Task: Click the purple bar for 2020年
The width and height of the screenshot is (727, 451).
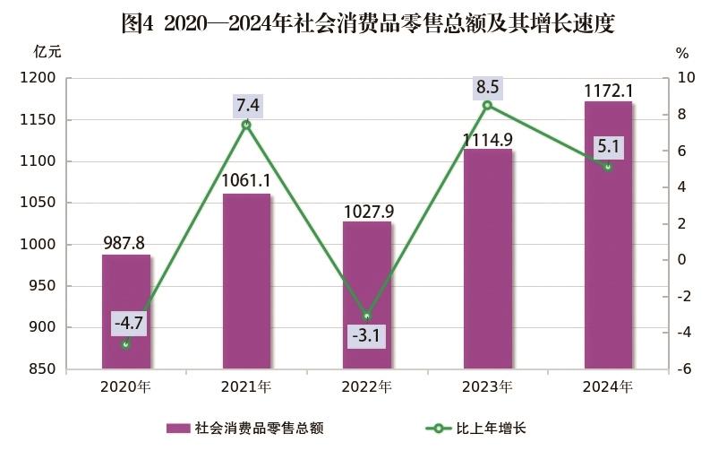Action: pos(126,311)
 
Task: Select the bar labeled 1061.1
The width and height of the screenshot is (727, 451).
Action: pos(246,281)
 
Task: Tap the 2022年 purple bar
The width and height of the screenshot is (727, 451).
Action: pos(367,295)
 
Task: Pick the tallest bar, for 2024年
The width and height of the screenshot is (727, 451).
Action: pos(609,235)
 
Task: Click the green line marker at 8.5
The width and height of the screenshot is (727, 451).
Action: pos(488,105)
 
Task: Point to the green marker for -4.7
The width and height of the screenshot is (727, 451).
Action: pos(126,344)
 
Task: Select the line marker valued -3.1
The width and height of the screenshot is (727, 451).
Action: pos(367,316)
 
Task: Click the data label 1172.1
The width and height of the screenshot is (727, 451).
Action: pos(609,90)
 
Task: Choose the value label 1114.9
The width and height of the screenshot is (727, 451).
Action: pos(488,139)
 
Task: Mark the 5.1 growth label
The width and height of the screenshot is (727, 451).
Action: pos(609,146)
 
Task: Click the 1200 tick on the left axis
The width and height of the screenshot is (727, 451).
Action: pos(41,79)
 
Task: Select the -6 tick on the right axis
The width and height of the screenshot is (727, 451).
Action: pos(682,369)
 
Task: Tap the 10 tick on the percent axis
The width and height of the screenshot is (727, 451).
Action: pos(684,79)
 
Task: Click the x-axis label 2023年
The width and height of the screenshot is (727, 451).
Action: pos(488,387)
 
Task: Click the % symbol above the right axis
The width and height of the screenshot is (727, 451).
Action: pos(682,52)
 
